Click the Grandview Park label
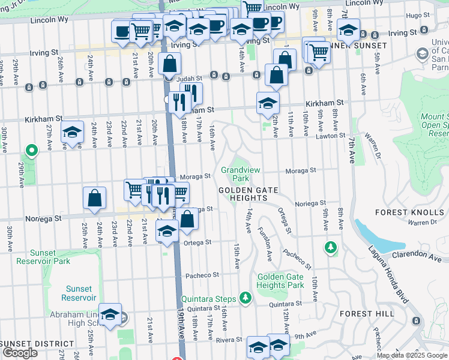tap(235, 174)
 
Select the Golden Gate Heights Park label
tap(280, 281)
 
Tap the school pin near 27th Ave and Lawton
tap(73, 133)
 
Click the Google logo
tap(20, 353)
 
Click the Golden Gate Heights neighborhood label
tap(248, 190)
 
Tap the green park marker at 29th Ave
tap(30, 149)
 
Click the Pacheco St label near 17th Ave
tap(202, 275)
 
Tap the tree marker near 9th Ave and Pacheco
tap(330, 247)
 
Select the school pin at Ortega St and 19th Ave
tap(167, 230)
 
